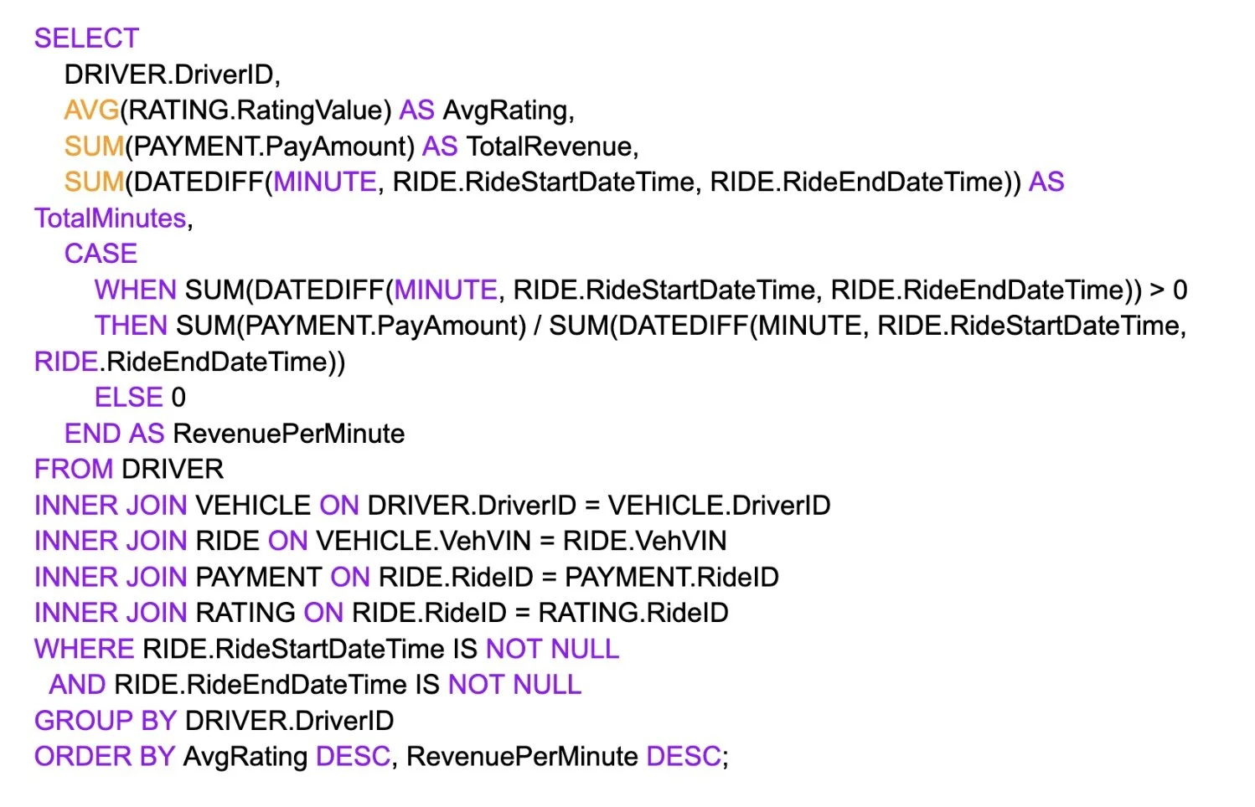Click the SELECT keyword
click(x=86, y=39)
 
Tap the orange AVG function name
click(x=91, y=111)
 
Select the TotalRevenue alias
click(x=551, y=146)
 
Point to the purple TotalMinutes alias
click(x=110, y=218)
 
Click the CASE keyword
click(x=101, y=254)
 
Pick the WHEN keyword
click(x=135, y=290)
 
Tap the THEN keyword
click(x=131, y=326)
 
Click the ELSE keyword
click(x=128, y=398)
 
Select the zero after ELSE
click(x=178, y=398)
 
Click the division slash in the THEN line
click(x=537, y=326)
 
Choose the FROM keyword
click(x=73, y=470)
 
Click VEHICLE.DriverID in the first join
click(x=719, y=506)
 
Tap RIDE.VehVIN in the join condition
click(x=644, y=542)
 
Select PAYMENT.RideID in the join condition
click(x=672, y=578)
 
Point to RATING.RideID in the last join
click(x=633, y=614)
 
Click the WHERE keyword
click(x=84, y=650)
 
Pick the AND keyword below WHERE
click(x=77, y=686)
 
